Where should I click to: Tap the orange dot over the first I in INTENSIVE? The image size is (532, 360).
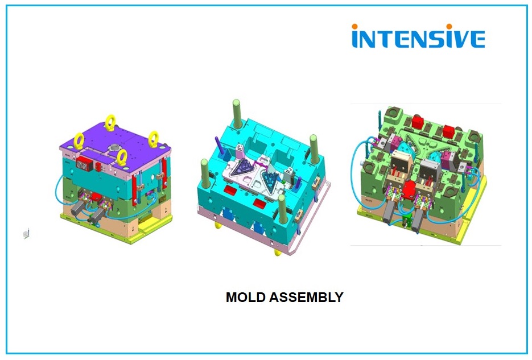pos(355,26)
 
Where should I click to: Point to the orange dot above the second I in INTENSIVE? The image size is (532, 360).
pos(449,26)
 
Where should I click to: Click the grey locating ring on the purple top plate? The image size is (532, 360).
pos(114,148)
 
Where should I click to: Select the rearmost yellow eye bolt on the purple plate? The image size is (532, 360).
pos(110,123)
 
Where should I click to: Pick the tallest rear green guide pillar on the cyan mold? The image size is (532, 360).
pos(237,114)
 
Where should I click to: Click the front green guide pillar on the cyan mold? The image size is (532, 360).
pos(282,209)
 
